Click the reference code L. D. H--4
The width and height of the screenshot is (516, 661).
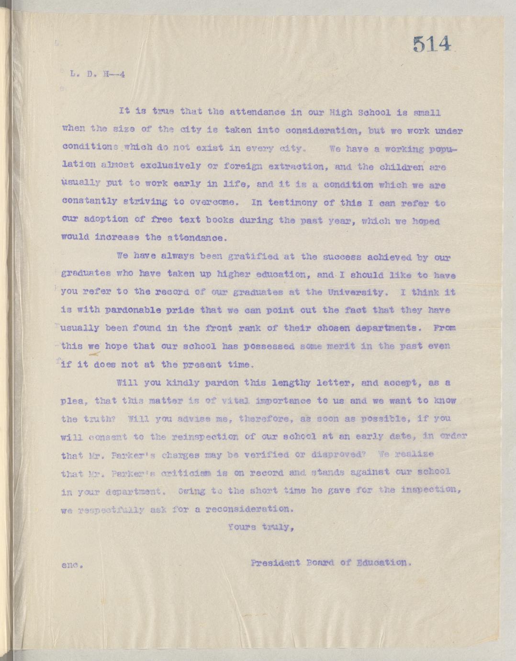coord(97,75)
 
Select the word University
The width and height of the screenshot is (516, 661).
coord(351,292)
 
